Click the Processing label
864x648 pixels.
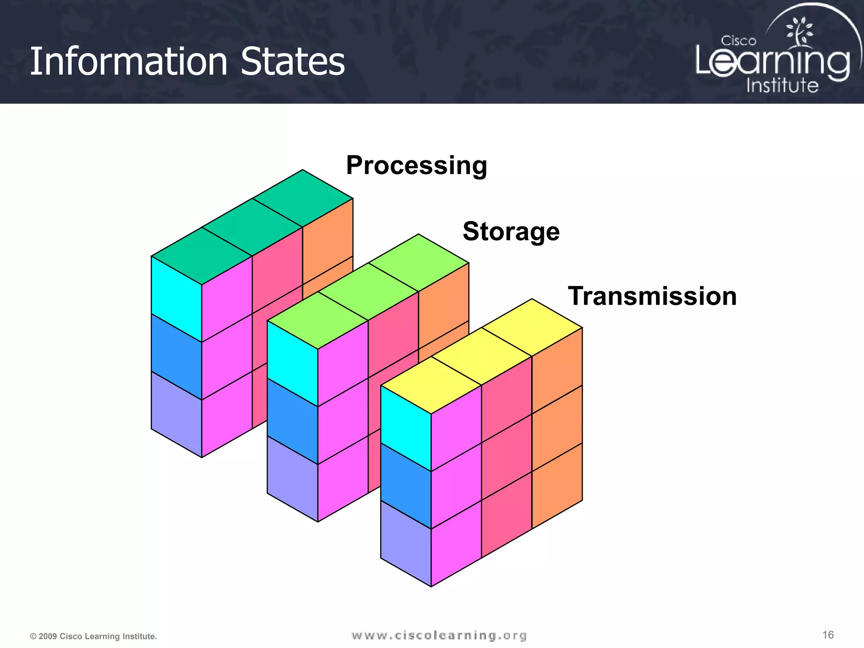tap(416, 165)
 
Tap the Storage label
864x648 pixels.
tap(511, 232)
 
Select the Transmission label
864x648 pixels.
tap(652, 296)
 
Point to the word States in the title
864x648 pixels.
tap(293, 62)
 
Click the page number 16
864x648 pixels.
tap(828, 635)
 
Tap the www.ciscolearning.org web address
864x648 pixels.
tap(439, 635)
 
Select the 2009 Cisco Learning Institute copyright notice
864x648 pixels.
tap(93, 636)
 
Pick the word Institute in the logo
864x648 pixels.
tap(782, 86)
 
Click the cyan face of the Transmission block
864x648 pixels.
tap(406, 428)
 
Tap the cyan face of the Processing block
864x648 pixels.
tap(176, 299)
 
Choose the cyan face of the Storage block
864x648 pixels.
tap(292, 363)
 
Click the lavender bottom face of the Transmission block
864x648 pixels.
tap(406, 543)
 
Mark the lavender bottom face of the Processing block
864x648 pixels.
tap(176, 414)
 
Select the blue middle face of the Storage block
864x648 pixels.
tap(292, 421)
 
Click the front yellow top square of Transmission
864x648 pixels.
tap(431, 385)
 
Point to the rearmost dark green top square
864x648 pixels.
tap(302, 198)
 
